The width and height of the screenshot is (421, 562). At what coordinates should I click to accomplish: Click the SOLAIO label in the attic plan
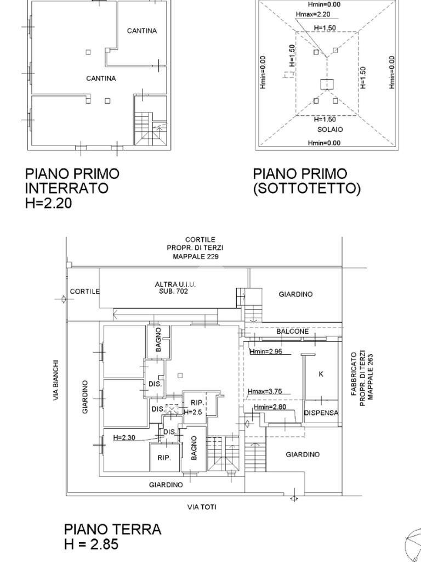[x=330, y=130]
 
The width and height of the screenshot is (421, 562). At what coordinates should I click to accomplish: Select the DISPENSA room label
[x=321, y=413]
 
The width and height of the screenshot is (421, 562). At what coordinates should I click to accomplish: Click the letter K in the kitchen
[x=321, y=374]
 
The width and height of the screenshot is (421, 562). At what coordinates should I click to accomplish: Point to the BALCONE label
[x=292, y=331]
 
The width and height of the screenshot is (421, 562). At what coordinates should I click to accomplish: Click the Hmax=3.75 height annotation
[x=265, y=391]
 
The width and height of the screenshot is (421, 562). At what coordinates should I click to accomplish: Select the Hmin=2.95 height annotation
[x=266, y=351]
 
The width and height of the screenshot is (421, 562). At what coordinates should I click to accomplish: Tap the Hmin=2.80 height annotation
[x=270, y=407]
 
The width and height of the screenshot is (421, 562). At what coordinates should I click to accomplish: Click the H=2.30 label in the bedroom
[x=124, y=437]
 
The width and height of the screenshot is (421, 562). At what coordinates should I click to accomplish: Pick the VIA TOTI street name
[x=202, y=507]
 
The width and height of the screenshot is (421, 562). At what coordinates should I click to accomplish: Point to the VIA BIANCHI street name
[x=56, y=380]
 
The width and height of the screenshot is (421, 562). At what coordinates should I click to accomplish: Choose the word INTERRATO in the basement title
[x=66, y=188]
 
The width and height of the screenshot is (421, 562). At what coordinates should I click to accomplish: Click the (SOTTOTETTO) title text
[x=306, y=188]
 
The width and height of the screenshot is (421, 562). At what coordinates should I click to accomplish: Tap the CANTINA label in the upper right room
[x=142, y=31]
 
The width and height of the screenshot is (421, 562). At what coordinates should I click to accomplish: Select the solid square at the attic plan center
[x=327, y=83]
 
